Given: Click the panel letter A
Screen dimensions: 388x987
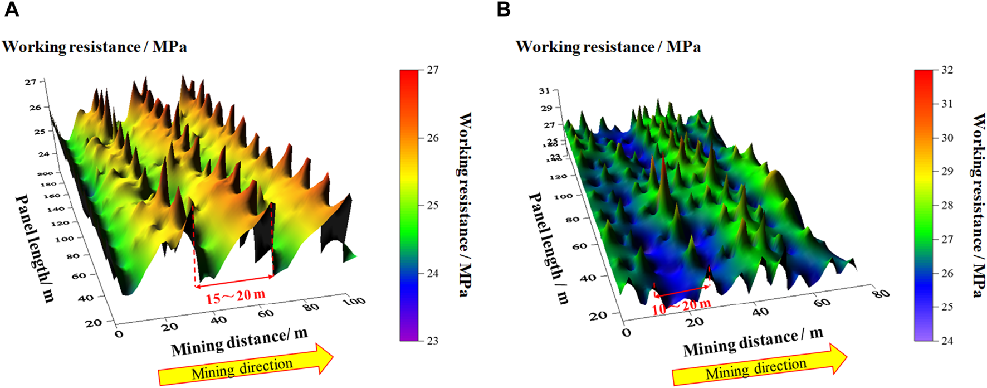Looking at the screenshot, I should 11,9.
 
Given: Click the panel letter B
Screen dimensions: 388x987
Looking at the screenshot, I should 503,9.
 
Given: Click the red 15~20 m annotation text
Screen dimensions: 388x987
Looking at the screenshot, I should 235,296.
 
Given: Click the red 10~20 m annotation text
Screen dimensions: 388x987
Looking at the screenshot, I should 681,305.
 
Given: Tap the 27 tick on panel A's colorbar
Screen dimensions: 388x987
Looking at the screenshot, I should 432,70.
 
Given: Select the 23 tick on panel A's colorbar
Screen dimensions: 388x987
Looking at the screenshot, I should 432,341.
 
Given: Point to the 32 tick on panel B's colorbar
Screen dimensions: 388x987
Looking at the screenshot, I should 946,70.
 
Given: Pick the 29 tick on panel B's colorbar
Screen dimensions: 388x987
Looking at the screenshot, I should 946,172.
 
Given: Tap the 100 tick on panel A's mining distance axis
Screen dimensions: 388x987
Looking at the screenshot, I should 354,300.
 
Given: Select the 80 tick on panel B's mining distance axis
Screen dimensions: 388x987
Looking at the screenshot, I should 881,293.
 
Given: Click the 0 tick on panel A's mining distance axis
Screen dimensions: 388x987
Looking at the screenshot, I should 118,334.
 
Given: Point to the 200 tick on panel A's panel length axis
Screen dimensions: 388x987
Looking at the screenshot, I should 45,174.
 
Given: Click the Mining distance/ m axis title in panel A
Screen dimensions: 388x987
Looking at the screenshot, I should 239,342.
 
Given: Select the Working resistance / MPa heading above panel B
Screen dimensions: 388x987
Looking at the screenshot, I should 608,47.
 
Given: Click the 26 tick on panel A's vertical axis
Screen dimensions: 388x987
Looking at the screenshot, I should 35,108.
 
